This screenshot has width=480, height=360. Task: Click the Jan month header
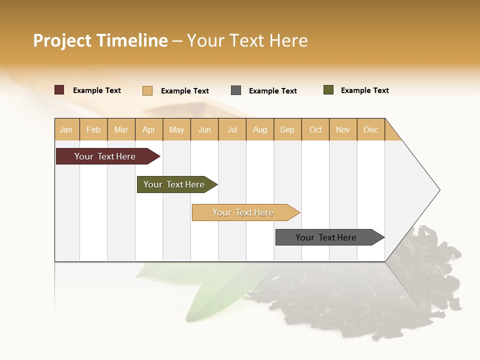tap(66, 129)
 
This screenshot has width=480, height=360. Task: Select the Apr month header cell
tap(149, 129)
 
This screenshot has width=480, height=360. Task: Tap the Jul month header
tap(232, 129)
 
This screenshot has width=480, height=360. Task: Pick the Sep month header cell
tap(287, 129)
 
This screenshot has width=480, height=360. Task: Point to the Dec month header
tap(370, 129)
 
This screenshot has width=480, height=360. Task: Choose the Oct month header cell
tap(315, 129)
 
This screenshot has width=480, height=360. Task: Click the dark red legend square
tap(59, 90)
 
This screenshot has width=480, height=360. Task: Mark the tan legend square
tap(147, 90)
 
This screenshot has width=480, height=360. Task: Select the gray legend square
tap(236, 90)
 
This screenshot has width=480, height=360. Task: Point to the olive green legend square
tap(328, 90)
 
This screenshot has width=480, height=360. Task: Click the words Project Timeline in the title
tap(100, 40)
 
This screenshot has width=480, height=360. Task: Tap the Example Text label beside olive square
tap(364, 90)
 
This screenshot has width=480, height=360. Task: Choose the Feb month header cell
tap(93, 129)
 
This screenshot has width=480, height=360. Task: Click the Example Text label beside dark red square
tap(97, 90)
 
